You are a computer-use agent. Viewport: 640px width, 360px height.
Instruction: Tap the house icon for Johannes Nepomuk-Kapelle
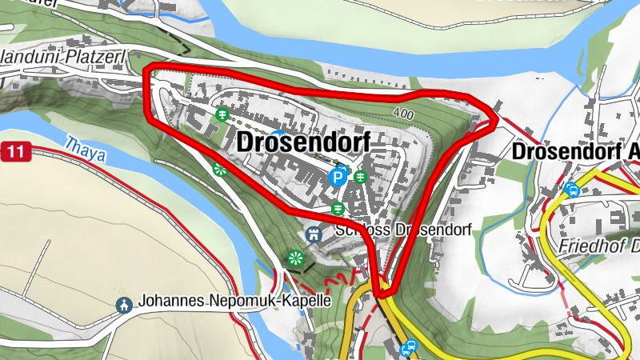click(x=124, y=304)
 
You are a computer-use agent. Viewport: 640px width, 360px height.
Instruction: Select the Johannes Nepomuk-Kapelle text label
click(x=234, y=302)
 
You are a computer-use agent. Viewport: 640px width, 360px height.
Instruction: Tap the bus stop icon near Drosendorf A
click(x=572, y=190)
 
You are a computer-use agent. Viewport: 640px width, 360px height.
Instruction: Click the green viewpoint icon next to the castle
click(x=294, y=258)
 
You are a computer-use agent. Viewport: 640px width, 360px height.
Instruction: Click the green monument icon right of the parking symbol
click(x=361, y=175)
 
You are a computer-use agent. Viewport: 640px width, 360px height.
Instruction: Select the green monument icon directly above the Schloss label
click(x=338, y=209)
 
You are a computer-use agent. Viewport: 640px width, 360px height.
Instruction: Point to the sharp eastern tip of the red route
click(x=498, y=117)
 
